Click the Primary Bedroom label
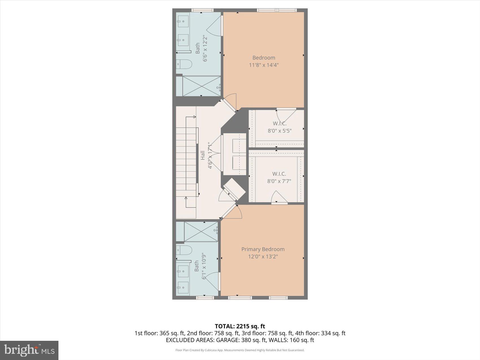click(263, 249)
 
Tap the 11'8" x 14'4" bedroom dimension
click(264, 65)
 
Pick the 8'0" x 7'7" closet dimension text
click(279, 181)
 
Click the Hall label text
click(203, 155)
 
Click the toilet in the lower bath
click(184, 250)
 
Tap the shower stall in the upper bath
click(201, 86)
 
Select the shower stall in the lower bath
click(201, 232)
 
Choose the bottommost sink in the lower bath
click(183, 288)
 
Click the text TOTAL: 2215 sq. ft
click(240, 326)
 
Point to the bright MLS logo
click(29, 350)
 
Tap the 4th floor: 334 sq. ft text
click(320, 333)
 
